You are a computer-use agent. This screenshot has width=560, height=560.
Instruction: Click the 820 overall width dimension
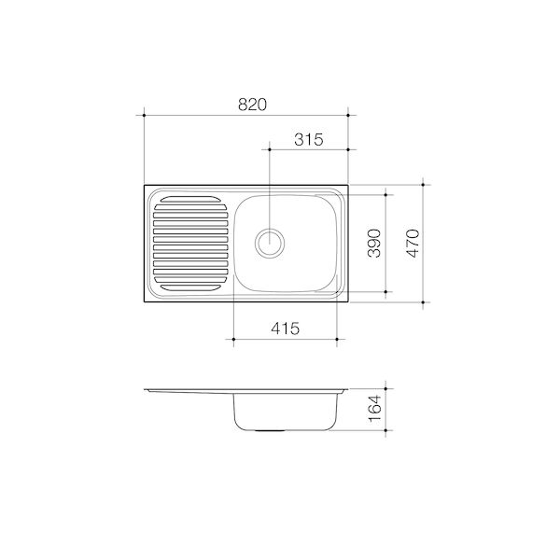coord(252,105)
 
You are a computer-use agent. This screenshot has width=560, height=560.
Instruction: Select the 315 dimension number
coord(309,139)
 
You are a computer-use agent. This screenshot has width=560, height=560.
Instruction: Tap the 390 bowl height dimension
coord(374,244)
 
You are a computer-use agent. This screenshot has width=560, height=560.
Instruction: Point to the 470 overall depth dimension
coord(413,244)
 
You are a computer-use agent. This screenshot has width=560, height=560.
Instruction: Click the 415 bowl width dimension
coord(285,329)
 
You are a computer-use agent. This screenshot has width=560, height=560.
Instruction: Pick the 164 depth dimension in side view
coord(374,409)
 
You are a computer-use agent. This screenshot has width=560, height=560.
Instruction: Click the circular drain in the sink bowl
coord(270,243)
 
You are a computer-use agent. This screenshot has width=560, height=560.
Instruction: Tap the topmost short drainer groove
coord(190,199)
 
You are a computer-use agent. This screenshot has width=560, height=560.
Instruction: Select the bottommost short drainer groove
coord(190,287)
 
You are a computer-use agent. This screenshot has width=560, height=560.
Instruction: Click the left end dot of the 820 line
coord(144,115)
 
